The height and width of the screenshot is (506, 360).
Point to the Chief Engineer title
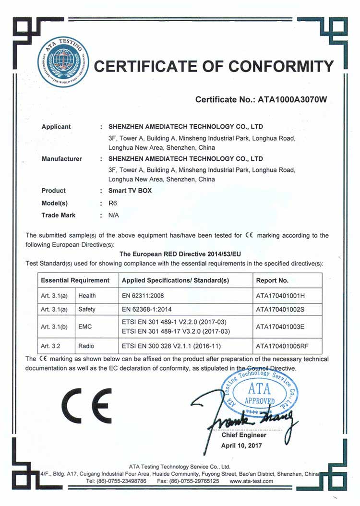tap(244, 435)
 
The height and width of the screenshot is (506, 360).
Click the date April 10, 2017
tap(242, 445)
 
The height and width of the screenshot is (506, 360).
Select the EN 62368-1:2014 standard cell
tap(150, 310)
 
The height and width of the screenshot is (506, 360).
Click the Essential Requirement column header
tap(75, 280)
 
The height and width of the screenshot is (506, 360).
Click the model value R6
tap(113, 203)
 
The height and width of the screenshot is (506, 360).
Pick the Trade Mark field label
tap(59, 215)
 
